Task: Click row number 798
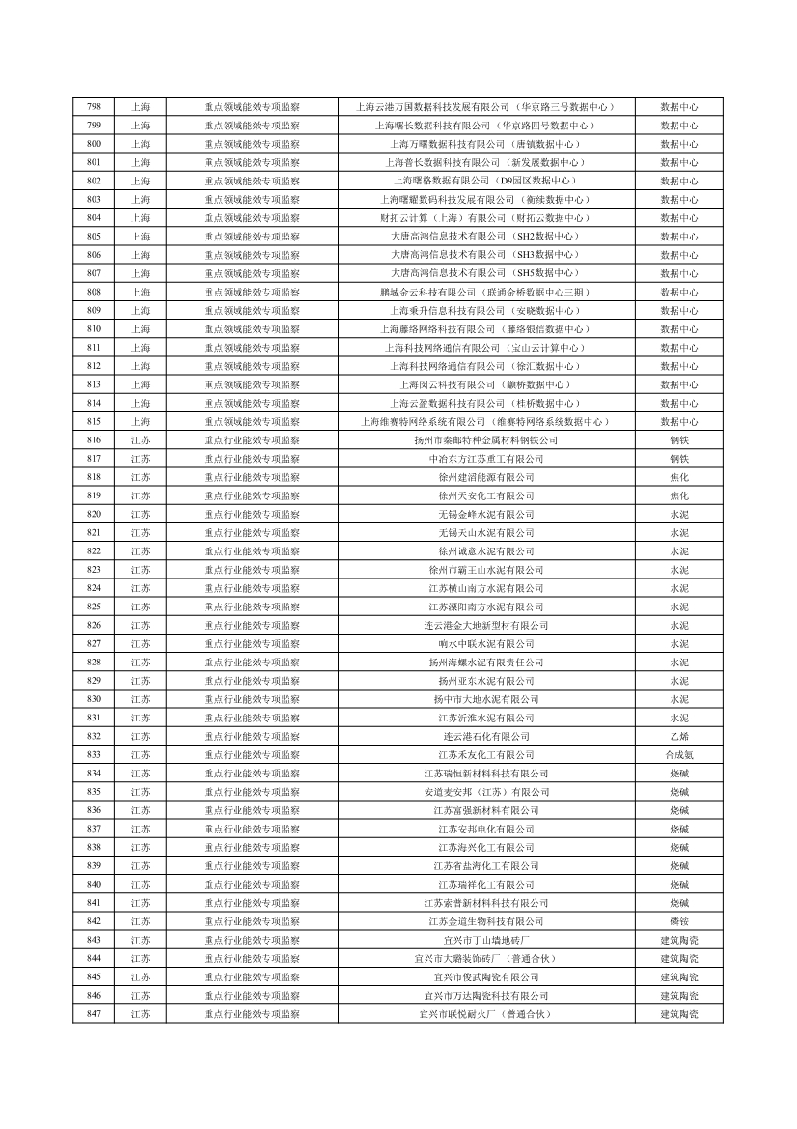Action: (94, 107)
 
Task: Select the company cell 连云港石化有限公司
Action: (485, 736)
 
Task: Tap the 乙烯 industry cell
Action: (678, 736)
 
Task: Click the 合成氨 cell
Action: (678, 754)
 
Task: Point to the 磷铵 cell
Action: (678, 921)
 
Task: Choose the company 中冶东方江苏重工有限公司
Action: (485, 459)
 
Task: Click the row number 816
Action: (94, 440)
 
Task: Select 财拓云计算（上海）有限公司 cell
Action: (485, 218)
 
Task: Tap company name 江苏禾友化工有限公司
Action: (485, 754)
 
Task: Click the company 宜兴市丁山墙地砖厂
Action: (485, 940)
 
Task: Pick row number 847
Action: (94, 1014)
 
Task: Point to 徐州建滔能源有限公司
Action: (485, 477)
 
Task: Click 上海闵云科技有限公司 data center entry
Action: (485, 384)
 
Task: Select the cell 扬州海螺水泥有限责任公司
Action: (485, 663)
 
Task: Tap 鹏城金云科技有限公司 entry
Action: (485, 292)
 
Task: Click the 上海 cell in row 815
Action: (140, 422)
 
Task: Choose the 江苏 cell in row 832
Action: (140, 736)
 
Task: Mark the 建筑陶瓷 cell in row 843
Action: (678, 940)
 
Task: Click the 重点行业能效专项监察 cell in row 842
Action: (252, 921)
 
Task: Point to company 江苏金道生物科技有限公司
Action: (485, 921)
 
